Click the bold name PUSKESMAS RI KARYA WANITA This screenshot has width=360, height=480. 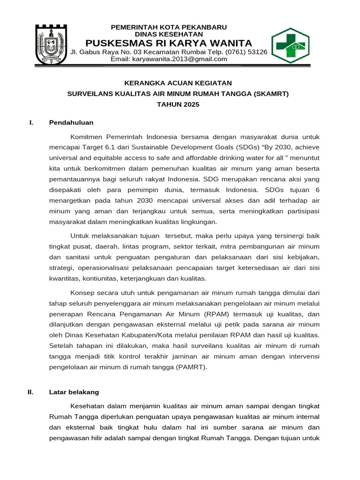(x=169, y=43)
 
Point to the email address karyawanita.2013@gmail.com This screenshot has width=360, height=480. (x=169, y=59)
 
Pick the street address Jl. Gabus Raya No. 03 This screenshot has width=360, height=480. (x=105, y=52)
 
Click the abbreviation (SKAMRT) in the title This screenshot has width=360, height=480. (x=271, y=94)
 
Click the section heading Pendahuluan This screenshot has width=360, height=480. (x=71, y=123)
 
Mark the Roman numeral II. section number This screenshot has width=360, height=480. (x=30, y=392)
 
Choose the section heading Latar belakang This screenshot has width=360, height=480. (x=74, y=392)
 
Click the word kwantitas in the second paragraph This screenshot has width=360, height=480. (x=64, y=278)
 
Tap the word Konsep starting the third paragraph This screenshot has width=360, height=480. (x=82, y=292)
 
